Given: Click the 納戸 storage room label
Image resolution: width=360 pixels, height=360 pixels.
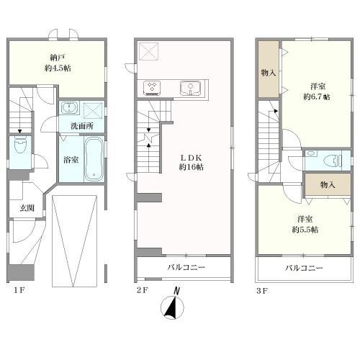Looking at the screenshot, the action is point(58,58).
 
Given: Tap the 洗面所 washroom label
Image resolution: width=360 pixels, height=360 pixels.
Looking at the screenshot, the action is point(82,126).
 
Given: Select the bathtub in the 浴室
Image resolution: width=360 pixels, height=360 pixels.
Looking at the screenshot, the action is point(94,159).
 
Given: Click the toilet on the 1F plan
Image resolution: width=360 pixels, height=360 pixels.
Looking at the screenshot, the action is point(20,145).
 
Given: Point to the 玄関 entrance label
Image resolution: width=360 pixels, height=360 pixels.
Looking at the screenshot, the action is point(27,208).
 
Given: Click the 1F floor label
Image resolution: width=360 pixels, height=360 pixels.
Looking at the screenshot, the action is point(19,290).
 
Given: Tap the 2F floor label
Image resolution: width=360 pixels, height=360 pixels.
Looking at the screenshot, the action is point(143,290).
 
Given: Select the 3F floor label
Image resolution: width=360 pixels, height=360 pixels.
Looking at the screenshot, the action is point(262,291).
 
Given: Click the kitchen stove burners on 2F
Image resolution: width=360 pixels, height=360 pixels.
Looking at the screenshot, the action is point(152,88).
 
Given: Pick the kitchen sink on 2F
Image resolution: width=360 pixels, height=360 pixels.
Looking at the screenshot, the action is point(190,88).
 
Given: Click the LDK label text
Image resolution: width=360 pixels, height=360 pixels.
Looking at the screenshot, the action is point(191,158).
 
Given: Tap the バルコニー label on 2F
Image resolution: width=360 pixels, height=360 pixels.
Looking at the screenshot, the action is point(186,267).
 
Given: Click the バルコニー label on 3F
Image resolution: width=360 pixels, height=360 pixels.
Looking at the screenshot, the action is point(304,268).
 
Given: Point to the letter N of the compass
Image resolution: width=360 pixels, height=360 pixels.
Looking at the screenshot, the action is point(177,291).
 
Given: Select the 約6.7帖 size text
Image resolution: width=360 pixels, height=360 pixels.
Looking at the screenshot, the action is point(317,96).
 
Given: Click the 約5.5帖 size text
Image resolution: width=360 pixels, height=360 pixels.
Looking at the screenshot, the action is point(305,230).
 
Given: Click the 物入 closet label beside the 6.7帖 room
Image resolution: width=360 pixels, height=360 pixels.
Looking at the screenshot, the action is point(269,73).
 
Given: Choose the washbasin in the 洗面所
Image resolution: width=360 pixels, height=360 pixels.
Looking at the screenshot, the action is point(69,107).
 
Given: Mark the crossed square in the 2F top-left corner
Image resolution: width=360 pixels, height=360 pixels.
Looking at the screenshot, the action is point(149,51).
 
